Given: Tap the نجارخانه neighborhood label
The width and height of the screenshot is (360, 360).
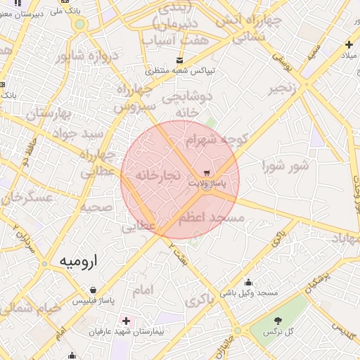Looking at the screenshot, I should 158,174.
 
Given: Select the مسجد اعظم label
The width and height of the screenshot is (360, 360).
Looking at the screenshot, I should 211,219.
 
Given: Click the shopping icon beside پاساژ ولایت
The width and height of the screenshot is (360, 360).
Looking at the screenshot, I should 207,172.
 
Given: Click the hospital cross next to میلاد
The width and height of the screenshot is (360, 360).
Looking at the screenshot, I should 348,45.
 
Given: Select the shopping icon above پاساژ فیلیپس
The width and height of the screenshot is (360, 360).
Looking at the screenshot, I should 93,290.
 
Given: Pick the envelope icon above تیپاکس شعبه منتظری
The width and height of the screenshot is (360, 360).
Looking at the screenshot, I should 180,60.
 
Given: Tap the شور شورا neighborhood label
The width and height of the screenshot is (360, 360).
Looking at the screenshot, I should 285,166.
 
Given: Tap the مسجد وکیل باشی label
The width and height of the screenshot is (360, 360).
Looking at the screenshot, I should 249,292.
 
